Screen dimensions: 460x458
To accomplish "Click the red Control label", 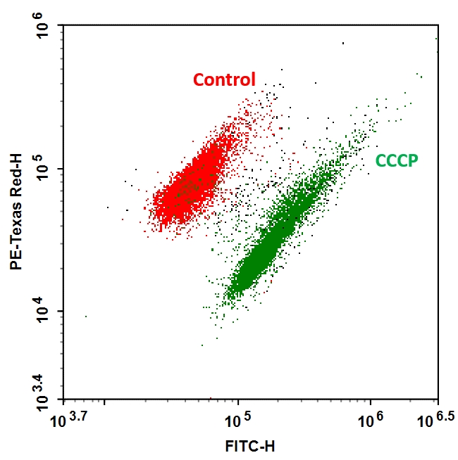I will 224,79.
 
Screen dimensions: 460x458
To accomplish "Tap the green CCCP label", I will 397,161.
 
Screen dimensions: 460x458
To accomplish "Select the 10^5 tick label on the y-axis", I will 44,169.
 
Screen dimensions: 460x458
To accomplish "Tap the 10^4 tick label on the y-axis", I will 44,312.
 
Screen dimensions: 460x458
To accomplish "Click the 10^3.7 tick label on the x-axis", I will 69,421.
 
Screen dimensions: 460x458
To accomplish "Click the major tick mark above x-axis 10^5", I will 238,395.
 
